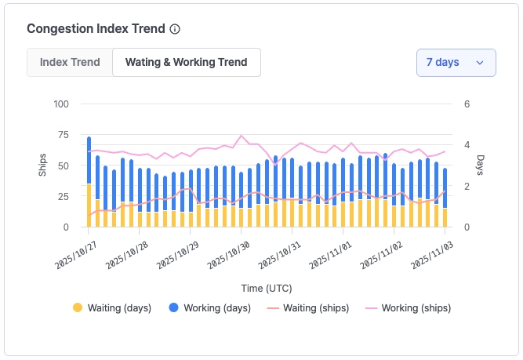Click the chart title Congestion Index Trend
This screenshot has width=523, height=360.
[96, 29]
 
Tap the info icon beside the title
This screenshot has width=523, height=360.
[175, 29]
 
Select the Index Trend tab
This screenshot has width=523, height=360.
[70, 62]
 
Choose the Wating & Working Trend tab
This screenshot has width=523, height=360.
[187, 62]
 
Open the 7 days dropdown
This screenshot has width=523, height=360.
[456, 62]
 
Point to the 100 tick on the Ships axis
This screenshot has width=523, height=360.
[61, 104]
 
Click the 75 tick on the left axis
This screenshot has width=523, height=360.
[64, 135]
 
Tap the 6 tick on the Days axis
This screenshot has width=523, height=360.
[467, 104]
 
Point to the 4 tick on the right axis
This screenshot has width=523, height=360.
[467, 145]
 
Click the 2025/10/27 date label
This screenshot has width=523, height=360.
[75, 256]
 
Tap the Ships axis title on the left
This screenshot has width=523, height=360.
[43, 165]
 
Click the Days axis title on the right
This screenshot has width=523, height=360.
[480, 165]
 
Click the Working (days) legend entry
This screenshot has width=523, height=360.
[207, 308]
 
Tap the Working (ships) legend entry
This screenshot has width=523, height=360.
[408, 308]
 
